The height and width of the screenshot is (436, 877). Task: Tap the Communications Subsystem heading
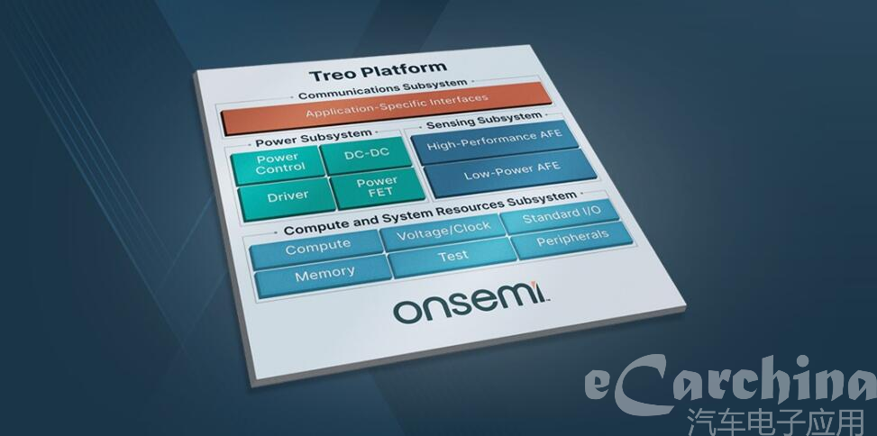pyautogui.click(x=382, y=89)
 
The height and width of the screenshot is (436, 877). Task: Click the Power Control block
pyautogui.click(x=279, y=163)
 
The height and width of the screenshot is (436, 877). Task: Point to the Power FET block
pyautogui.click(x=378, y=187)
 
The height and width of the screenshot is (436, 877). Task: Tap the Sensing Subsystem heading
pyautogui.click(x=484, y=120)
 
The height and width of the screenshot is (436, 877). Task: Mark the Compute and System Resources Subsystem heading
pyautogui.click(x=430, y=213)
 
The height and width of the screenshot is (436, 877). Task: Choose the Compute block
pyautogui.click(x=317, y=248)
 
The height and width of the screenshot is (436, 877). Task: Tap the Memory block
pyautogui.click(x=324, y=276)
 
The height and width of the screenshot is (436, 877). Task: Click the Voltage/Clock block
pyautogui.click(x=443, y=231)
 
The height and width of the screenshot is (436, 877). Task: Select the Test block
pyautogui.click(x=453, y=257)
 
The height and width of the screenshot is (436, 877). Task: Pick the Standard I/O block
pyautogui.click(x=562, y=215)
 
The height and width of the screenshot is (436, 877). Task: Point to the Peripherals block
pyautogui.click(x=572, y=240)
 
